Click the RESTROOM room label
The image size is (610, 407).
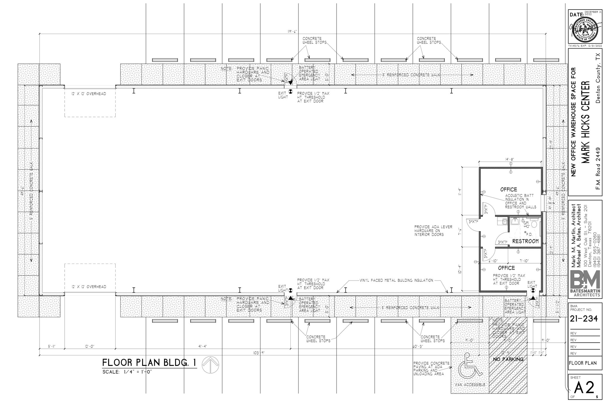tap(525, 241)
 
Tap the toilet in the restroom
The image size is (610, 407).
tap(534, 224)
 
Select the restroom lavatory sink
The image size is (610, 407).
tap(514, 221)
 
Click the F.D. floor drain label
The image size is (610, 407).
tap(529, 234)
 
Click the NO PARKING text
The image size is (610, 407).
tap(508, 359)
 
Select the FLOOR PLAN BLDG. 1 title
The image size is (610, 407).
tap(149, 363)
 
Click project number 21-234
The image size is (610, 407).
tap(583, 319)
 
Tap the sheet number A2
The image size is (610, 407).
tap(584, 388)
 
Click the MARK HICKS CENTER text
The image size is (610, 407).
tap(586, 122)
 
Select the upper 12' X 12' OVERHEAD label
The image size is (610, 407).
tap(88, 94)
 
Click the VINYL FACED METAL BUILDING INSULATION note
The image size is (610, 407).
tap(396, 280)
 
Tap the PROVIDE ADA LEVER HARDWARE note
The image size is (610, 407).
tap(433, 231)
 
